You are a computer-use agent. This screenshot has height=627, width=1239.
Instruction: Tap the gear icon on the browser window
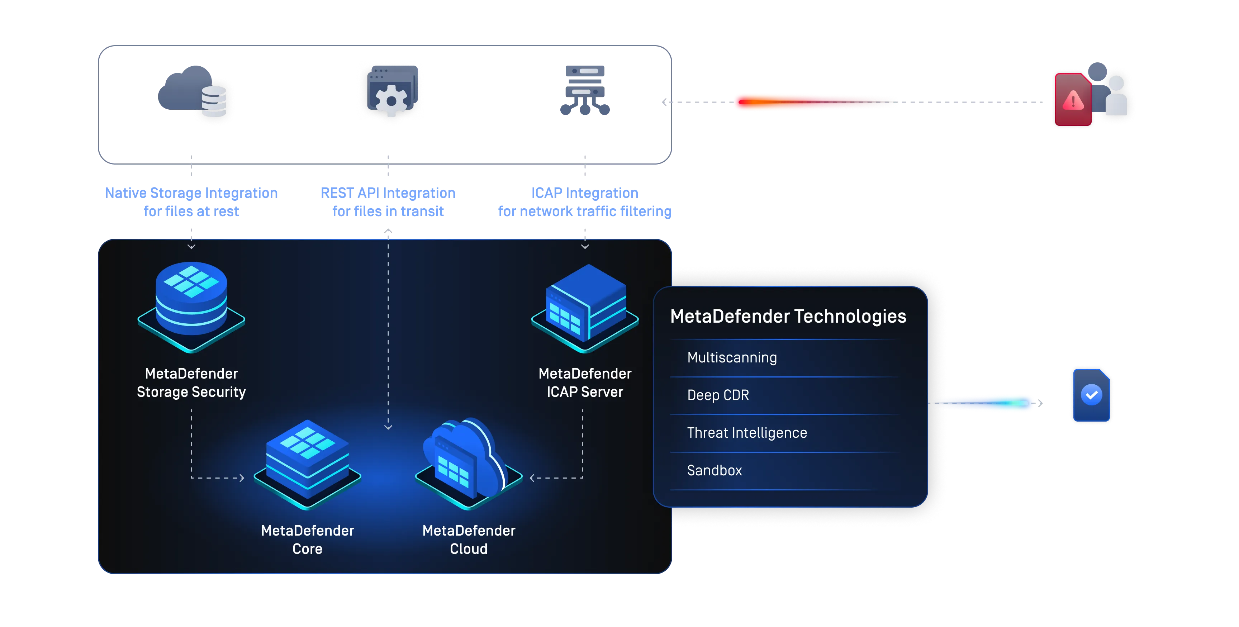(x=390, y=100)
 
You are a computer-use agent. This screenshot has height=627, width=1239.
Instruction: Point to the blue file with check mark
(x=1091, y=395)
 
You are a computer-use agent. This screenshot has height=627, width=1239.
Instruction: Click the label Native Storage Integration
(x=191, y=193)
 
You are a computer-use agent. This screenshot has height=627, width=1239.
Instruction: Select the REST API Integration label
(x=388, y=193)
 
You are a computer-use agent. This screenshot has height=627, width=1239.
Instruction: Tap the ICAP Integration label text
(x=584, y=193)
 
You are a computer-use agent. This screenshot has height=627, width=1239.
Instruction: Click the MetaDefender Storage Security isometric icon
(x=191, y=305)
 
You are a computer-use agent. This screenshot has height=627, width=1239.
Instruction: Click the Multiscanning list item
(x=732, y=358)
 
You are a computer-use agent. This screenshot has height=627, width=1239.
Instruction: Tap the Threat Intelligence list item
(x=746, y=433)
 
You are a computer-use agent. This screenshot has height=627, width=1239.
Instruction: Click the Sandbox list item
(x=714, y=470)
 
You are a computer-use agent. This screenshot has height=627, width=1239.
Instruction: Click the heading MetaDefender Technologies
(x=788, y=317)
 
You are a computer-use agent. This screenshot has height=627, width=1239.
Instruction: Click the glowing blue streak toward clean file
(x=986, y=403)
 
